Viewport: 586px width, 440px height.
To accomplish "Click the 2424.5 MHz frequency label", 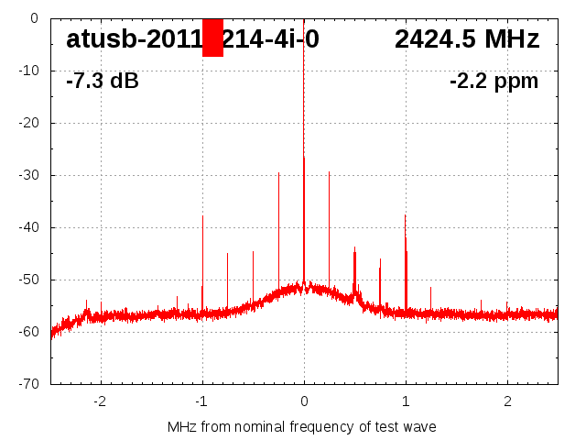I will tap(467, 39).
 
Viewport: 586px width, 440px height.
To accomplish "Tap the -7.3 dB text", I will tap(103, 81).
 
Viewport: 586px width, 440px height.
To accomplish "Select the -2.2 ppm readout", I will tap(494, 81).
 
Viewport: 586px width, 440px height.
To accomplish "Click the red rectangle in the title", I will tap(212, 38).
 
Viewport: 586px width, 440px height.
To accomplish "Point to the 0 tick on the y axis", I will tap(33, 18).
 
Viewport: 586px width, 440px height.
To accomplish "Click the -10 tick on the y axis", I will tap(28, 71).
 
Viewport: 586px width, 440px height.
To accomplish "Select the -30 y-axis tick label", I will tap(28, 175).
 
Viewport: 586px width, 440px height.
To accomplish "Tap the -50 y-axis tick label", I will tap(28, 280).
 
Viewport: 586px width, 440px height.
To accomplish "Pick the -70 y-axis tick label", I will tap(28, 384).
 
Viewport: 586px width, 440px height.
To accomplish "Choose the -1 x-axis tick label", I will tap(201, 401).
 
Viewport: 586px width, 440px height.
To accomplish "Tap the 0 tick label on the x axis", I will tap(304, 401).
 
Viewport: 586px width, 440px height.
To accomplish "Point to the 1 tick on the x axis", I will tap(406, 401).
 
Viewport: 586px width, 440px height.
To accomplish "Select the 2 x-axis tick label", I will tap(507, 401).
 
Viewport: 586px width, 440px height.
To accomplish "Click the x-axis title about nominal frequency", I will tap(302, 427).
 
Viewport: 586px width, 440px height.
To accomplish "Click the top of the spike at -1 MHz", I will tap(202, 216).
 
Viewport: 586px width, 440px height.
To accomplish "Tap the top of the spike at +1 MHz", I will tap(405, 215).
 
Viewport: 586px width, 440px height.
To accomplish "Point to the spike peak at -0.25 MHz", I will tap(278, 172).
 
